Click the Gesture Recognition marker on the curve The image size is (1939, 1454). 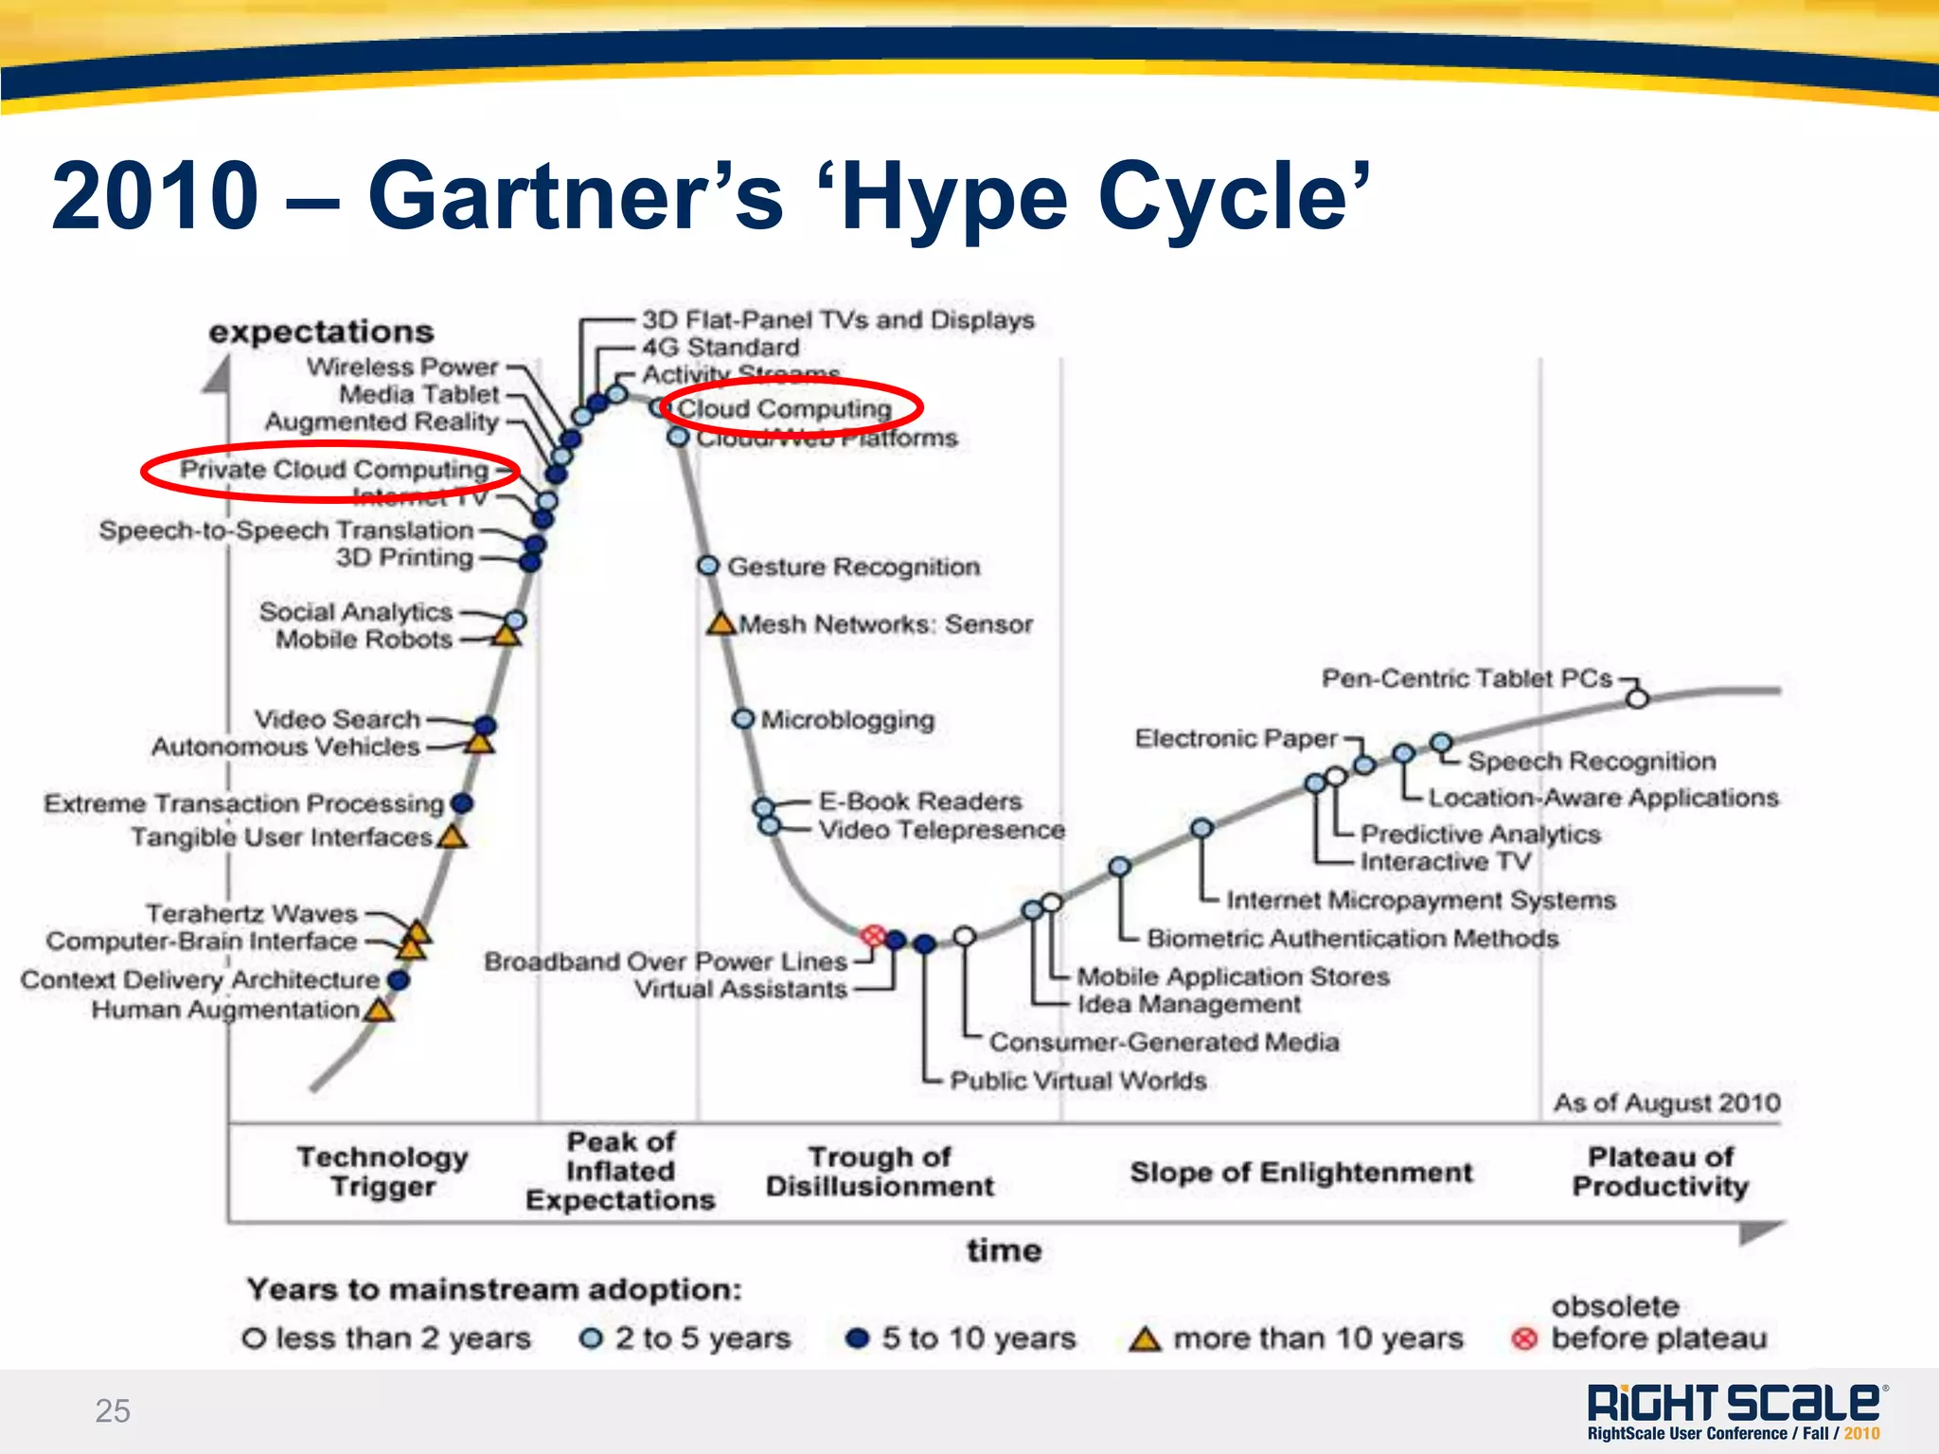(x=707, y=565)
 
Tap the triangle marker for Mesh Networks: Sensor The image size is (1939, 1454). (x=721, y=624)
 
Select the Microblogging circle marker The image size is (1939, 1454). (x=743, y=719)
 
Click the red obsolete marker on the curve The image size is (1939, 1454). (x=873, y=936)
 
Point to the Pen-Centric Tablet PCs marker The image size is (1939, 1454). (x=1637, y=698)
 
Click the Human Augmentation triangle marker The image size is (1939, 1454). (x=380, y=1010)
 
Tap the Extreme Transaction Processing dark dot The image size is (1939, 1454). (x=462, y=803)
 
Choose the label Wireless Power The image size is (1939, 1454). (x=402, y=367)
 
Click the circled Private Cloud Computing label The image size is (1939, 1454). (x=334, y=469)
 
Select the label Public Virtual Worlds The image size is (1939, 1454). (x=1078, y=1081)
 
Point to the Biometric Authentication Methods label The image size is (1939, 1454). (x=1353, y=939)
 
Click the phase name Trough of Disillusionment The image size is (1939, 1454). (x=880, y=1172)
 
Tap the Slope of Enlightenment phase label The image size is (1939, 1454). (x=1302, y=1173)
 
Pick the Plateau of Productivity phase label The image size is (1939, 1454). (x=1661, y=1172)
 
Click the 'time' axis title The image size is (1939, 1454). (x=1004, y=1250)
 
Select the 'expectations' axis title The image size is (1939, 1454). (x=322, y=332)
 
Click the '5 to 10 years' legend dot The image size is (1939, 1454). (x=858, y=1338)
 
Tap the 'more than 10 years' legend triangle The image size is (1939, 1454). (x=1146, y=1339)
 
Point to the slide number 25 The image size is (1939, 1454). (x=113, y=1410)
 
